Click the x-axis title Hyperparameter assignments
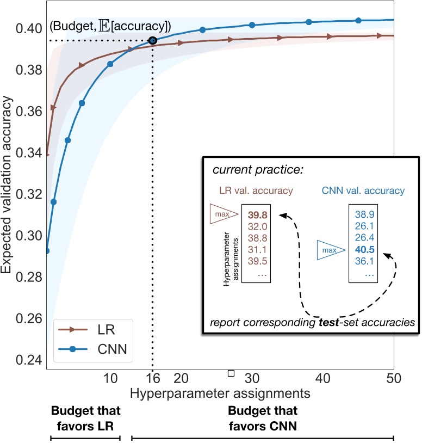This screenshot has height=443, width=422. pyautogui.click(x=220, y=392)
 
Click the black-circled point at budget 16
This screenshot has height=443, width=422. pyautogui.click(x=152, y=40)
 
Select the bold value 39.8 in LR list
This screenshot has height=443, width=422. pyautogui.click(x=259, y=213)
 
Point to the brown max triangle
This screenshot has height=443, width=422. pyautogui.click(x=224, y=214)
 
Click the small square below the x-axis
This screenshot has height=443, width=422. pyautogui.click(x=231, y=373)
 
